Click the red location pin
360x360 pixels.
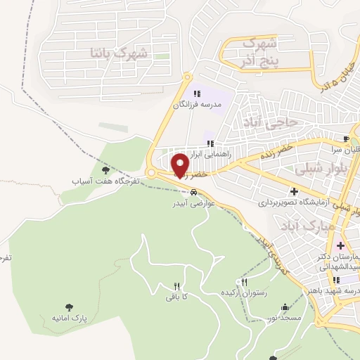pos(181,165)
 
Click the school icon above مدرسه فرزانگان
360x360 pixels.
pos(197,94)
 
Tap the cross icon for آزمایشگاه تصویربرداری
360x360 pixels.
pos(293,191)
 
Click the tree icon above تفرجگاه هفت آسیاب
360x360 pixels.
pos(106,169)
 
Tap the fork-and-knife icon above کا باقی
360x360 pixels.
pos(177,285)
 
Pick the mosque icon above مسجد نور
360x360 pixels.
pos(284,307)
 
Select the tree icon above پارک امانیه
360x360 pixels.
pos(69,307)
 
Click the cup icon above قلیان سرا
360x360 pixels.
pos(345,139)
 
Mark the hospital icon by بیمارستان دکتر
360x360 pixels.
pos(341,245)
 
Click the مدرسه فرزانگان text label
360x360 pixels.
pos(198,105)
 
